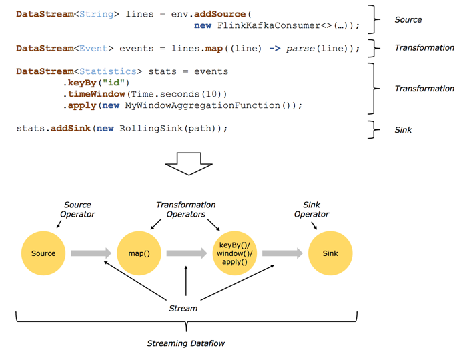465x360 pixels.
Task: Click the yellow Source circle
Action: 43,253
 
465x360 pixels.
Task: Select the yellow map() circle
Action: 139,253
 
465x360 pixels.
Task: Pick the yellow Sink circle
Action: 330,253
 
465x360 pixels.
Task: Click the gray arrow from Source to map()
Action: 91,253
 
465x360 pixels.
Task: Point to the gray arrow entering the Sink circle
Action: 282,253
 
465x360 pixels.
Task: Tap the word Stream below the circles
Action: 183,308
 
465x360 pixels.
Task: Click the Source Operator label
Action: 77,209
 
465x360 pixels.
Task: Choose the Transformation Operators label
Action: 185,209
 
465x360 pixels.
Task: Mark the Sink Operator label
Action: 312,209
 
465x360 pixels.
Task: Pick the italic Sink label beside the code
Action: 404,130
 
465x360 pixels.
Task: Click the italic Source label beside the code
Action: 408,20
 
